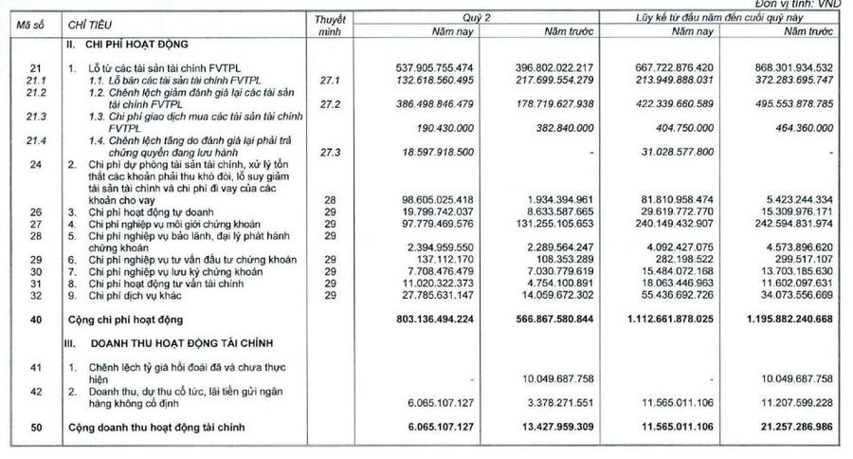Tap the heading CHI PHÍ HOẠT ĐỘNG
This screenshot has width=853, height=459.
(x=127, y=44)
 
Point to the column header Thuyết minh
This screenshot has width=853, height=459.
(x=328, y=25)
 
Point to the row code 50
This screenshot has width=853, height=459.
(x=35, y=430)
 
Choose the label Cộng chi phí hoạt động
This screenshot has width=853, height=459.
(x=123, y=320)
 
